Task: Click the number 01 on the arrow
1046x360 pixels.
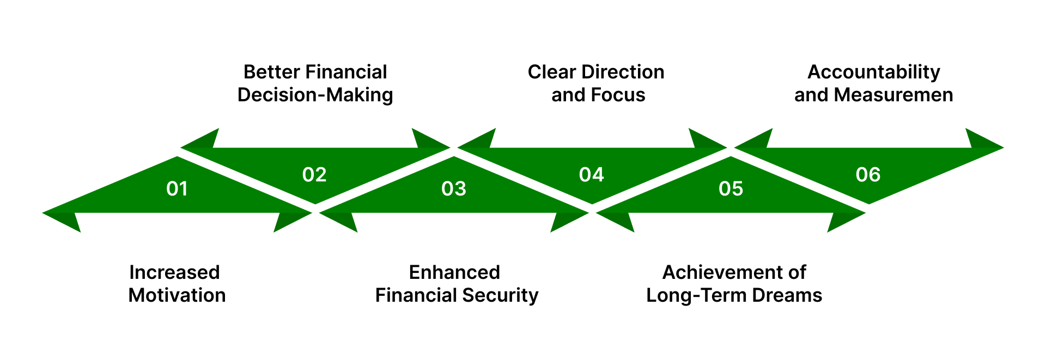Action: point(177,189)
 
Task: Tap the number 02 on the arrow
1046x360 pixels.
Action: point(314,175)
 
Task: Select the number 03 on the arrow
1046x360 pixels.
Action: point(454,189)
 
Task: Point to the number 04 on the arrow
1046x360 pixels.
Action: point(591,175)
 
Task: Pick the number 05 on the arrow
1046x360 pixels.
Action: point(731,189)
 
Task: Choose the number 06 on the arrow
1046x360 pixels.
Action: point(868,175)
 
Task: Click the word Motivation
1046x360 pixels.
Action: point(177,295)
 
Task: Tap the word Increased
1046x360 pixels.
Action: point(174,272)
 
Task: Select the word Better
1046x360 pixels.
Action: point(271,72)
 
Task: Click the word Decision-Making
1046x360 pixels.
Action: point(315,95)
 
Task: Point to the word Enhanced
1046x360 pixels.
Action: point(454,272)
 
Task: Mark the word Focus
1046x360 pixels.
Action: point(619,95)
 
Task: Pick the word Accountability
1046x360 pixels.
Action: point(874,72)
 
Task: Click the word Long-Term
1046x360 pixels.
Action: point(696,295)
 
